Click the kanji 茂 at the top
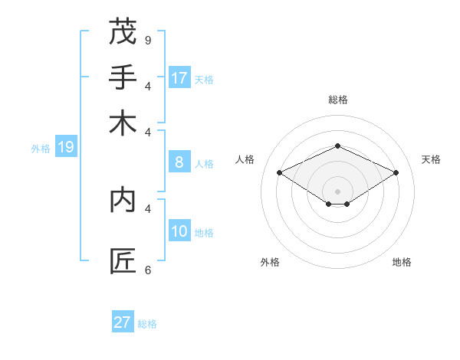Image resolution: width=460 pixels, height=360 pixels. click(123, 32)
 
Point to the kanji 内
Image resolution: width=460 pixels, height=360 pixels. click(123, 200)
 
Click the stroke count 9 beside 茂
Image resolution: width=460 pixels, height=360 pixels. click(148, 40)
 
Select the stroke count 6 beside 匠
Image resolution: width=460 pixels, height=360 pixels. click(148, 270)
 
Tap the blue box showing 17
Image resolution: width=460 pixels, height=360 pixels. click(179, 77)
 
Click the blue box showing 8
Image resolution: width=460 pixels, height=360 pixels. click(179, 162)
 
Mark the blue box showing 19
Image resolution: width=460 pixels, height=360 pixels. click(66, 147)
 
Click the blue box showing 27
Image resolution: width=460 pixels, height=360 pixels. click(123, 322)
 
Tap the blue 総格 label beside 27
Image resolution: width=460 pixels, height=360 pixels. click(147, 324)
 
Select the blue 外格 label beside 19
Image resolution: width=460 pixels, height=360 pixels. click(41, 149)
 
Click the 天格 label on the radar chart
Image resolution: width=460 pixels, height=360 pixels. click(431, 159)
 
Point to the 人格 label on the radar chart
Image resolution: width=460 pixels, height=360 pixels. click(245, 159)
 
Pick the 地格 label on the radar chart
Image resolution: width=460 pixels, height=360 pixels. click(402, 262)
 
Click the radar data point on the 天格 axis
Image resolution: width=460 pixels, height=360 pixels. click(396, 173)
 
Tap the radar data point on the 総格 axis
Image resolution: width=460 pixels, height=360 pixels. click(337, 146)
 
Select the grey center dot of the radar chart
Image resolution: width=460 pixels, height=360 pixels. click(337, 191)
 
